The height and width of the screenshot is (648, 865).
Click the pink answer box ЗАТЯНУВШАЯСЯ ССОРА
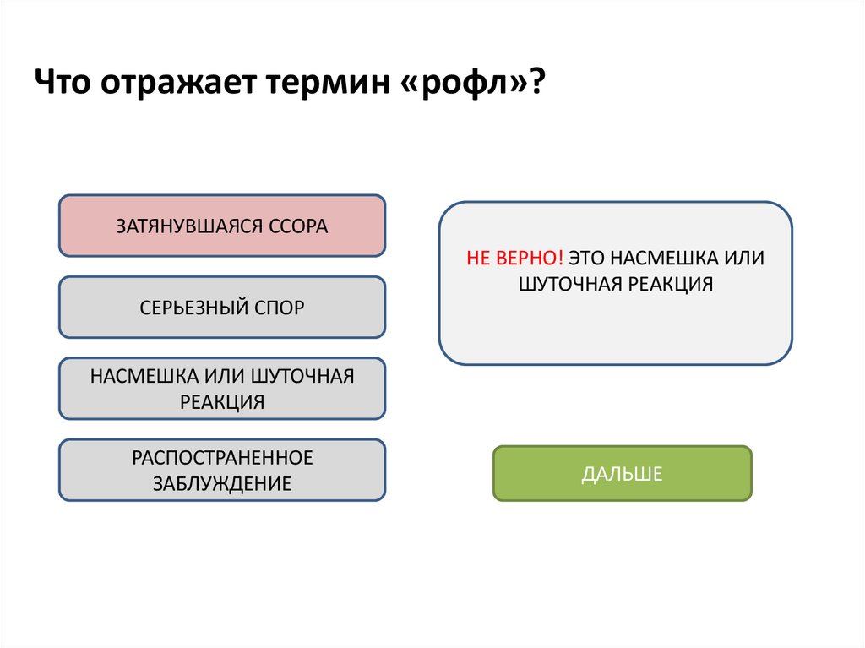(222, 226)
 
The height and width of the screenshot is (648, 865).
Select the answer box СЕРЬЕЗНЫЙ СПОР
(222, 307)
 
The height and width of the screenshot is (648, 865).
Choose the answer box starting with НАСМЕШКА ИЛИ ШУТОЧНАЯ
(222, 388)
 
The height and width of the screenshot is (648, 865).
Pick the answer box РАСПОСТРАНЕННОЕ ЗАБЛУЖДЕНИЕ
(222, 470)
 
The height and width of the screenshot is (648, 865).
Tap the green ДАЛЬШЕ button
(622, 474)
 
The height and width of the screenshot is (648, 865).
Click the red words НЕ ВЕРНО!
(514, 258)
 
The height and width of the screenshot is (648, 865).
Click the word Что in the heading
(65, 85)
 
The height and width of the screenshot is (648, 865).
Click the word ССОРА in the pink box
(297, 226)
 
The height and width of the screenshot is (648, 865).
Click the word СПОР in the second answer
(279, 308)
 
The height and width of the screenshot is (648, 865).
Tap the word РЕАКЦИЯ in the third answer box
(222, 401)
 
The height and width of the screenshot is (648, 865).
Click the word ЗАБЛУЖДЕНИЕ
(222, 484)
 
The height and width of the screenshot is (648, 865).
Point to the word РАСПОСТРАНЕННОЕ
(222, 457)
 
